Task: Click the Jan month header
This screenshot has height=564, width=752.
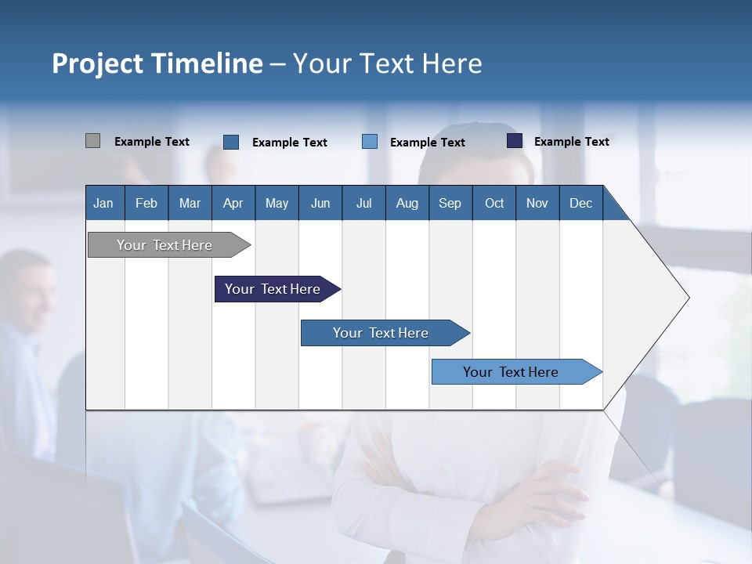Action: (x=103, y=203)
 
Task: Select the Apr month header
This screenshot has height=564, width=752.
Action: (x=233, y=203)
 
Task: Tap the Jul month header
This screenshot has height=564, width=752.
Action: (x=363, y=203)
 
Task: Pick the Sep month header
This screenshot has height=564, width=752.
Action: (x=450, y=203)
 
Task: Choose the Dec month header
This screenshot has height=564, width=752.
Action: (x=580, y=203)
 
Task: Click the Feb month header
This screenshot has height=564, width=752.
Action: (x=146, y=203)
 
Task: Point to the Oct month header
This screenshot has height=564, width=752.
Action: (x=494, y=203)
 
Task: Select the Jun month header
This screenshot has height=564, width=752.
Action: (x=320, y=203)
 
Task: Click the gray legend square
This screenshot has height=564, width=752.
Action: (x=92, y=141)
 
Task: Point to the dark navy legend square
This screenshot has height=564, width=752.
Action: (x=515, y=141)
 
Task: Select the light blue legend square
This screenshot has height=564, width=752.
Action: (x=370, y=142)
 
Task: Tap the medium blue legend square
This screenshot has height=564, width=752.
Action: (x=231, y=142)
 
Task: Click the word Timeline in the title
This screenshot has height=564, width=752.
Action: (x=206, y=63)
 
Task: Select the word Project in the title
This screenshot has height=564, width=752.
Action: (x=96, y=63)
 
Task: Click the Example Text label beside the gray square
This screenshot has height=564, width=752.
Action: (x=152, y=142)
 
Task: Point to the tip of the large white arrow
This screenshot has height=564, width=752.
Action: (x=687, y=298)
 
